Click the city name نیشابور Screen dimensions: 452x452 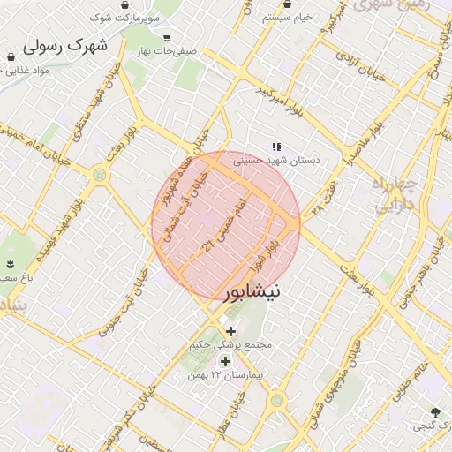252,290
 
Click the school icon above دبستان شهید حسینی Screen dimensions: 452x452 276,147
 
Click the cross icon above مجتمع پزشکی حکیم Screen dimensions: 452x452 231,331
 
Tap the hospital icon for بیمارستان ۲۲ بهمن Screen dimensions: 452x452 225,361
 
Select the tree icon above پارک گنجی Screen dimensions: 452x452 434,412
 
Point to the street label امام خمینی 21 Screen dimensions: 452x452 222,226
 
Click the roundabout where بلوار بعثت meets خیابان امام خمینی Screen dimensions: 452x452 100,175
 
